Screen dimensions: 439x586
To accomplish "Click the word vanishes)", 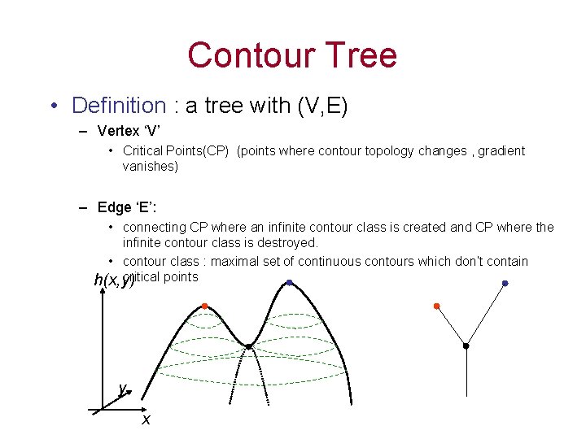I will tap(150, 166).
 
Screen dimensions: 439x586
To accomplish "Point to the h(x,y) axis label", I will tap(113, 280).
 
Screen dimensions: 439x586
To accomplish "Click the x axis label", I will tap(146, 419).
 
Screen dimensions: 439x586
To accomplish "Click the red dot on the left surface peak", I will tap(204, 306).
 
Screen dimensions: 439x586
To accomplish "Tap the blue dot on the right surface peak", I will tap(290, 282).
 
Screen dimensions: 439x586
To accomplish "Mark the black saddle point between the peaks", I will tap(249, 346).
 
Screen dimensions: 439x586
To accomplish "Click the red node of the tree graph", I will tap(436, 306).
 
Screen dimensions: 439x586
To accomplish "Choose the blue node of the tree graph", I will tap(505, 283).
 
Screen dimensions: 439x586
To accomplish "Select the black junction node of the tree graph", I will tap(466, 346).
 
